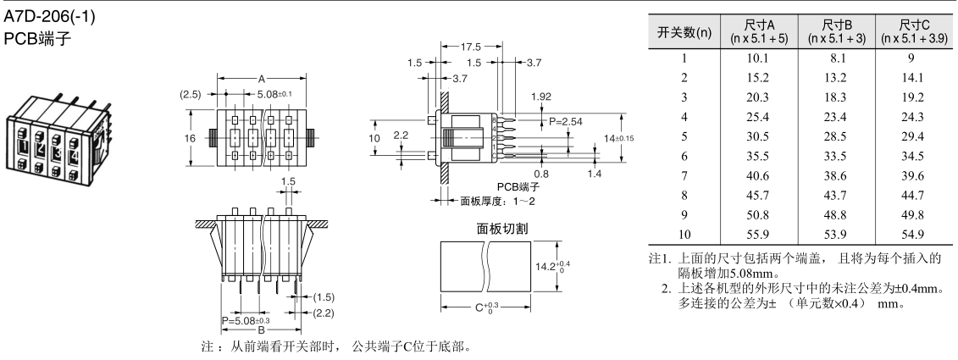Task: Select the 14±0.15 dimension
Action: pyautogui.click(x=621, y=137)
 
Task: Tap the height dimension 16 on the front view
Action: pyautogui.click(x=191, y=137)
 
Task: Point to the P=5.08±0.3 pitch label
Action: pyautogui.click(x=245, y=323)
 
